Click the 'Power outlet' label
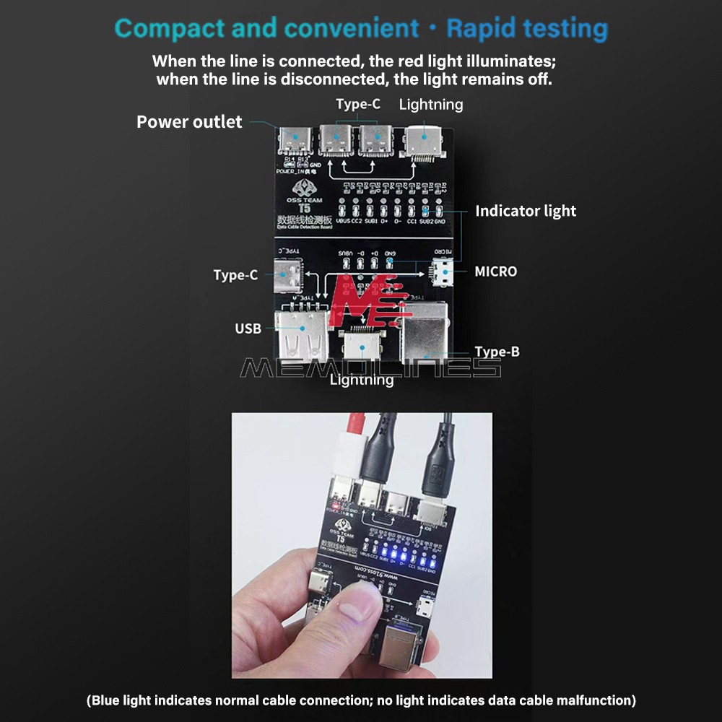tap(189, 122)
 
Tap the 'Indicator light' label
tap(525, 211)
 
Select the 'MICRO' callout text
tap(495, 271)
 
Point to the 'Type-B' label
tap(497, 352)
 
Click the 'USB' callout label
tap(248, 329)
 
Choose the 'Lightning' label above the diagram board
tap(430, 105)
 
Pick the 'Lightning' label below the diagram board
tap(362, 380)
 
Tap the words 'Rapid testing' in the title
tap(527, 29)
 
